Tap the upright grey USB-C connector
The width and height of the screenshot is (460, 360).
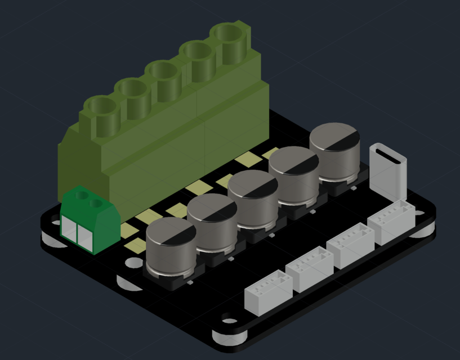coord(388,171)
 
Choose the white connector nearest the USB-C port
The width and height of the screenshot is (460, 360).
coord(391,222)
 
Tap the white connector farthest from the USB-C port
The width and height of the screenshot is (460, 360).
coord(268,292)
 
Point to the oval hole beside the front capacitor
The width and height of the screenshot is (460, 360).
coord(133,263)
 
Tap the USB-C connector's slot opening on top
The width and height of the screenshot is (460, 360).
coord(388,154)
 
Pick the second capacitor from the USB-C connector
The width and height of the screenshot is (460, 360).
coord(294,174)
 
